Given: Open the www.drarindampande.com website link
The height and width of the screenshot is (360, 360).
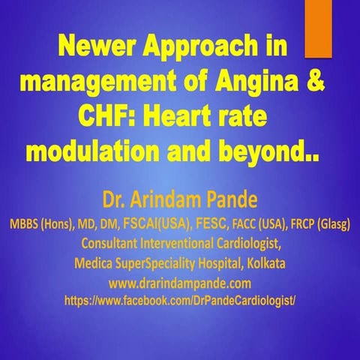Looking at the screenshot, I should [x=179, y=283].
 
